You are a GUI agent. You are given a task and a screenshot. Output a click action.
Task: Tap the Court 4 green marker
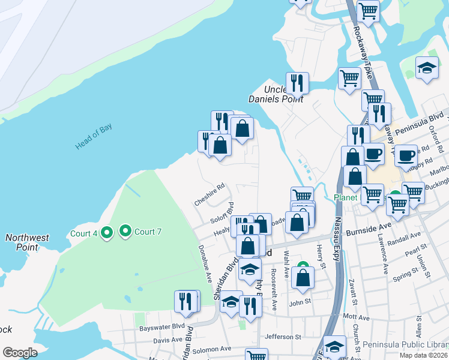107,232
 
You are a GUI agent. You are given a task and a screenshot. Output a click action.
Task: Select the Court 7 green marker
125,230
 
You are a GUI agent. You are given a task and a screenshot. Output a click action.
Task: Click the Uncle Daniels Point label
276,94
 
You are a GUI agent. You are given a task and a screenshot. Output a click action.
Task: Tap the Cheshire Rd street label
209,196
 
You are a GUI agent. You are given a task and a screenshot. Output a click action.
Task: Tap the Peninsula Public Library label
405,346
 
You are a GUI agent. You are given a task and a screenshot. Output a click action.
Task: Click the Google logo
20,353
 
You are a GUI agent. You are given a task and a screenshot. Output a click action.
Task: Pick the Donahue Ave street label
205,265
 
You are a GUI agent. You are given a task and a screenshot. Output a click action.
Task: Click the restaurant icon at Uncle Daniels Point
297,83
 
